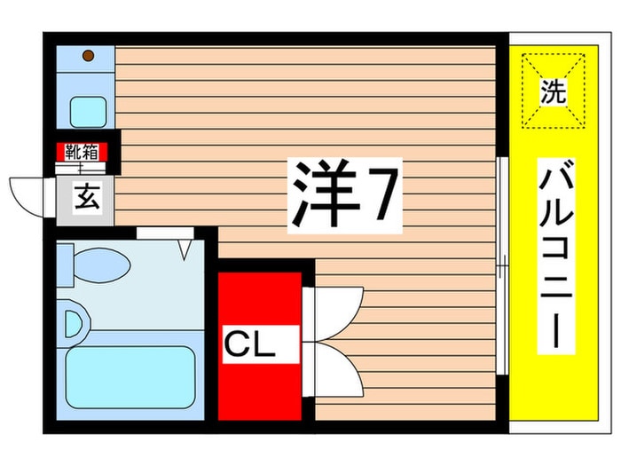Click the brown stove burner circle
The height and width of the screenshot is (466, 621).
point(89,56)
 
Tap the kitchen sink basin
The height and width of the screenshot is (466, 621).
point(89,112)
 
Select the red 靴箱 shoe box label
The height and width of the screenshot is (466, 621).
point(82,152)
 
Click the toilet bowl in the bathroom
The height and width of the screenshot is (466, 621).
point(102,265)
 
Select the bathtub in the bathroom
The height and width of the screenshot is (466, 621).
point(130,377)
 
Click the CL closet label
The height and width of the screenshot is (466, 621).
point(250,344)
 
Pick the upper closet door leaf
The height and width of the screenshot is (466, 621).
point(333,313)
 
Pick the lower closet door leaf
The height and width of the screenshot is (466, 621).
point(333,369)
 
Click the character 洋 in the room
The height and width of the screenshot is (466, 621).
point(324,195)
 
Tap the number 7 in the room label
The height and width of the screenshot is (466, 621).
point(381,194)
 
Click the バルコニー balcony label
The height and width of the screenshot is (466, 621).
point(556,256)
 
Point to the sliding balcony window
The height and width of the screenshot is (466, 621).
point(502,265)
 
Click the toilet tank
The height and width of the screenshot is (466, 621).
point(65,265)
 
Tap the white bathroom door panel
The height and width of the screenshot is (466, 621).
point(165,233)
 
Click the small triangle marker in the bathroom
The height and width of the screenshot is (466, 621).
point(184,250)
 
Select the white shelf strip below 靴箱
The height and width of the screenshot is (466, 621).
point(82,169)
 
